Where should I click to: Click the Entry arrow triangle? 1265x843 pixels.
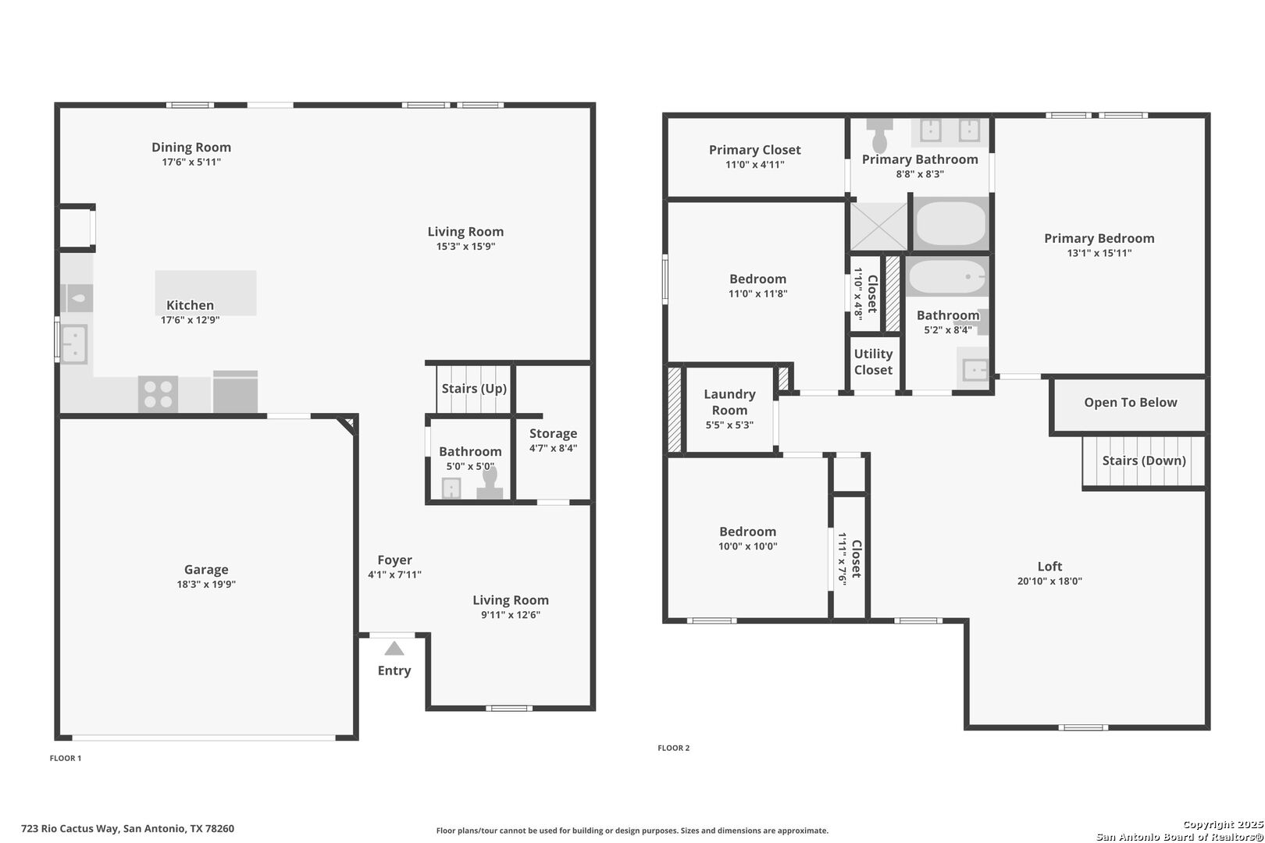coord(394,649)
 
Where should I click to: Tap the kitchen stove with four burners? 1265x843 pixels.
coord(158,394)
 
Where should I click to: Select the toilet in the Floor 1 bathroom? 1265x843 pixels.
coord(490,484)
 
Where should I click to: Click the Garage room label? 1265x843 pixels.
coord(206,569)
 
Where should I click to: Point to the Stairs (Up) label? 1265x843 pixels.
coord(474,389)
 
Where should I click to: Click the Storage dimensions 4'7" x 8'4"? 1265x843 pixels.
coord(553,448)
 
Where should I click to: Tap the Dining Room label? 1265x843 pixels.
coord(191,148)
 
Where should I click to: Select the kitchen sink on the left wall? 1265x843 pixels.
coord(74,344)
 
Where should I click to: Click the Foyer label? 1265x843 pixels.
coord(395,560)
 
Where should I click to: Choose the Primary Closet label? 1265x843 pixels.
coord(755,150)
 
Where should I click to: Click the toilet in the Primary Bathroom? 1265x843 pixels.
coord(879,135)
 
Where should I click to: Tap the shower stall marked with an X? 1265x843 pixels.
coord(879,226)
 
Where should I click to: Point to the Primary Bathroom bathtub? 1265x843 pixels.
coord(951,223)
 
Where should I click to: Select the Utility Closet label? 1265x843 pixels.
coord(873,362)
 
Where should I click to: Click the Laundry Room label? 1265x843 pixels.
coord(729,402)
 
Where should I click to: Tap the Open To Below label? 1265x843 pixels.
coord(1131,403)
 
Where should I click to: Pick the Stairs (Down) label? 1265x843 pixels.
coord(1144,461)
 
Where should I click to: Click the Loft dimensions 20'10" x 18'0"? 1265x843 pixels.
coord(1049,581)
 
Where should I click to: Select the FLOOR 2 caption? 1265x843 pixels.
coord(674,748)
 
